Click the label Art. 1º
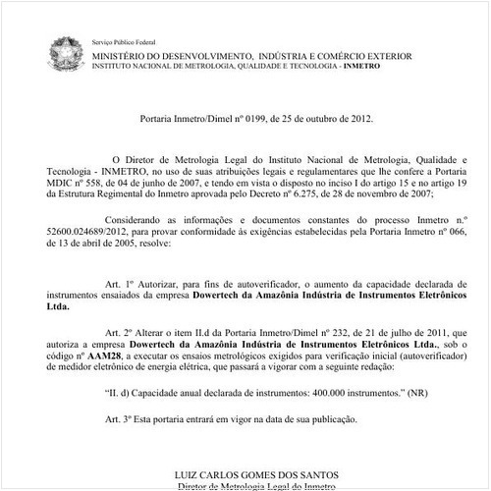point(122,281)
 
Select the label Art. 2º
point(122,333)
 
